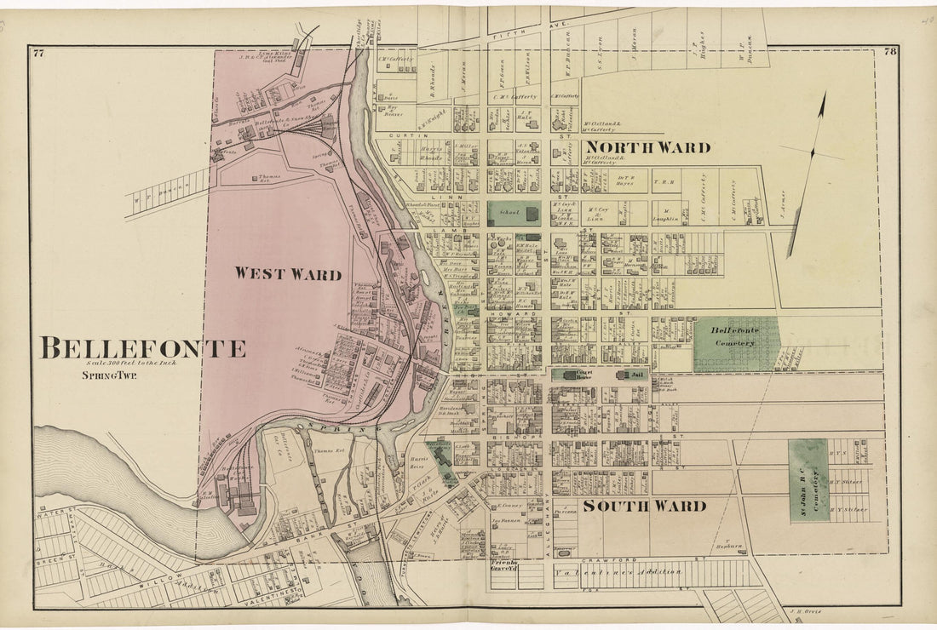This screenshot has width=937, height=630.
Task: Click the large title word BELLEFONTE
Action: pos(143,348)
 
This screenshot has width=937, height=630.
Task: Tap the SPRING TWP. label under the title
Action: pos(110,375)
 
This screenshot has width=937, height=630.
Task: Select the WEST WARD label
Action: pos(288,274)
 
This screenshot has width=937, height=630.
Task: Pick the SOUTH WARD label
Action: pos(644,506)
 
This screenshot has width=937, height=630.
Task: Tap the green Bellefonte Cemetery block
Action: pos(736,343)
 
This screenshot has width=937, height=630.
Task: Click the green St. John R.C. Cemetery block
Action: pos(808,480)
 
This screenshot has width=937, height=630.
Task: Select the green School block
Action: pos(513,214)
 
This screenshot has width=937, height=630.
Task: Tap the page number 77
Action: pos(38,53)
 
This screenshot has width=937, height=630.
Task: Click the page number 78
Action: pos(889,52)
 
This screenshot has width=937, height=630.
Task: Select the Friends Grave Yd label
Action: pos(503,566)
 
